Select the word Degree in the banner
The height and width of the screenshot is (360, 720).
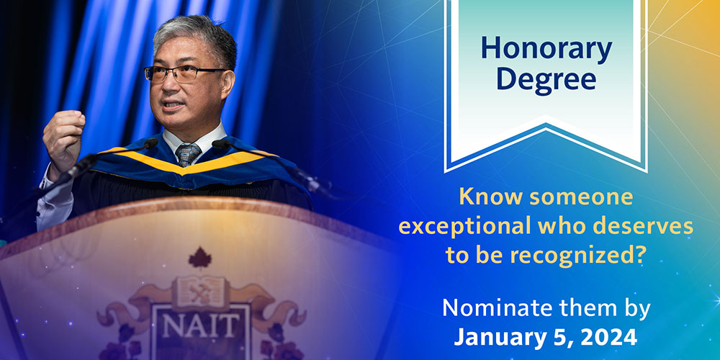tap(546, 81)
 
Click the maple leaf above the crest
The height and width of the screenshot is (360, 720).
tap(199, 258)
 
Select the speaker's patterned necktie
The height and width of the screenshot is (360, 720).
tap(188, 154)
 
